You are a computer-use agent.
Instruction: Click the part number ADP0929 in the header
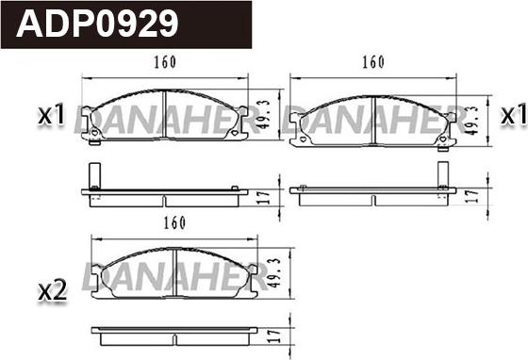click(97, 24)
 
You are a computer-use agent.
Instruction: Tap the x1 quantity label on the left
click(51, 114)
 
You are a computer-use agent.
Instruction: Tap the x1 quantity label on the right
click(513, 114)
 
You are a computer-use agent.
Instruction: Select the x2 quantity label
click(52, 290)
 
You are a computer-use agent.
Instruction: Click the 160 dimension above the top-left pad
click(165, 62)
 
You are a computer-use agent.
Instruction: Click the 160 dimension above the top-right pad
click(373, 62)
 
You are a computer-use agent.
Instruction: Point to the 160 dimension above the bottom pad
click(174, 222)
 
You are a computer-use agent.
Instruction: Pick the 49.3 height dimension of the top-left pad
click(264, 114)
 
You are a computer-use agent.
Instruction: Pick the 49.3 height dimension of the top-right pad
click(471, 120)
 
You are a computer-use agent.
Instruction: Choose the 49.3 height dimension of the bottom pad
click(274, 273)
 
